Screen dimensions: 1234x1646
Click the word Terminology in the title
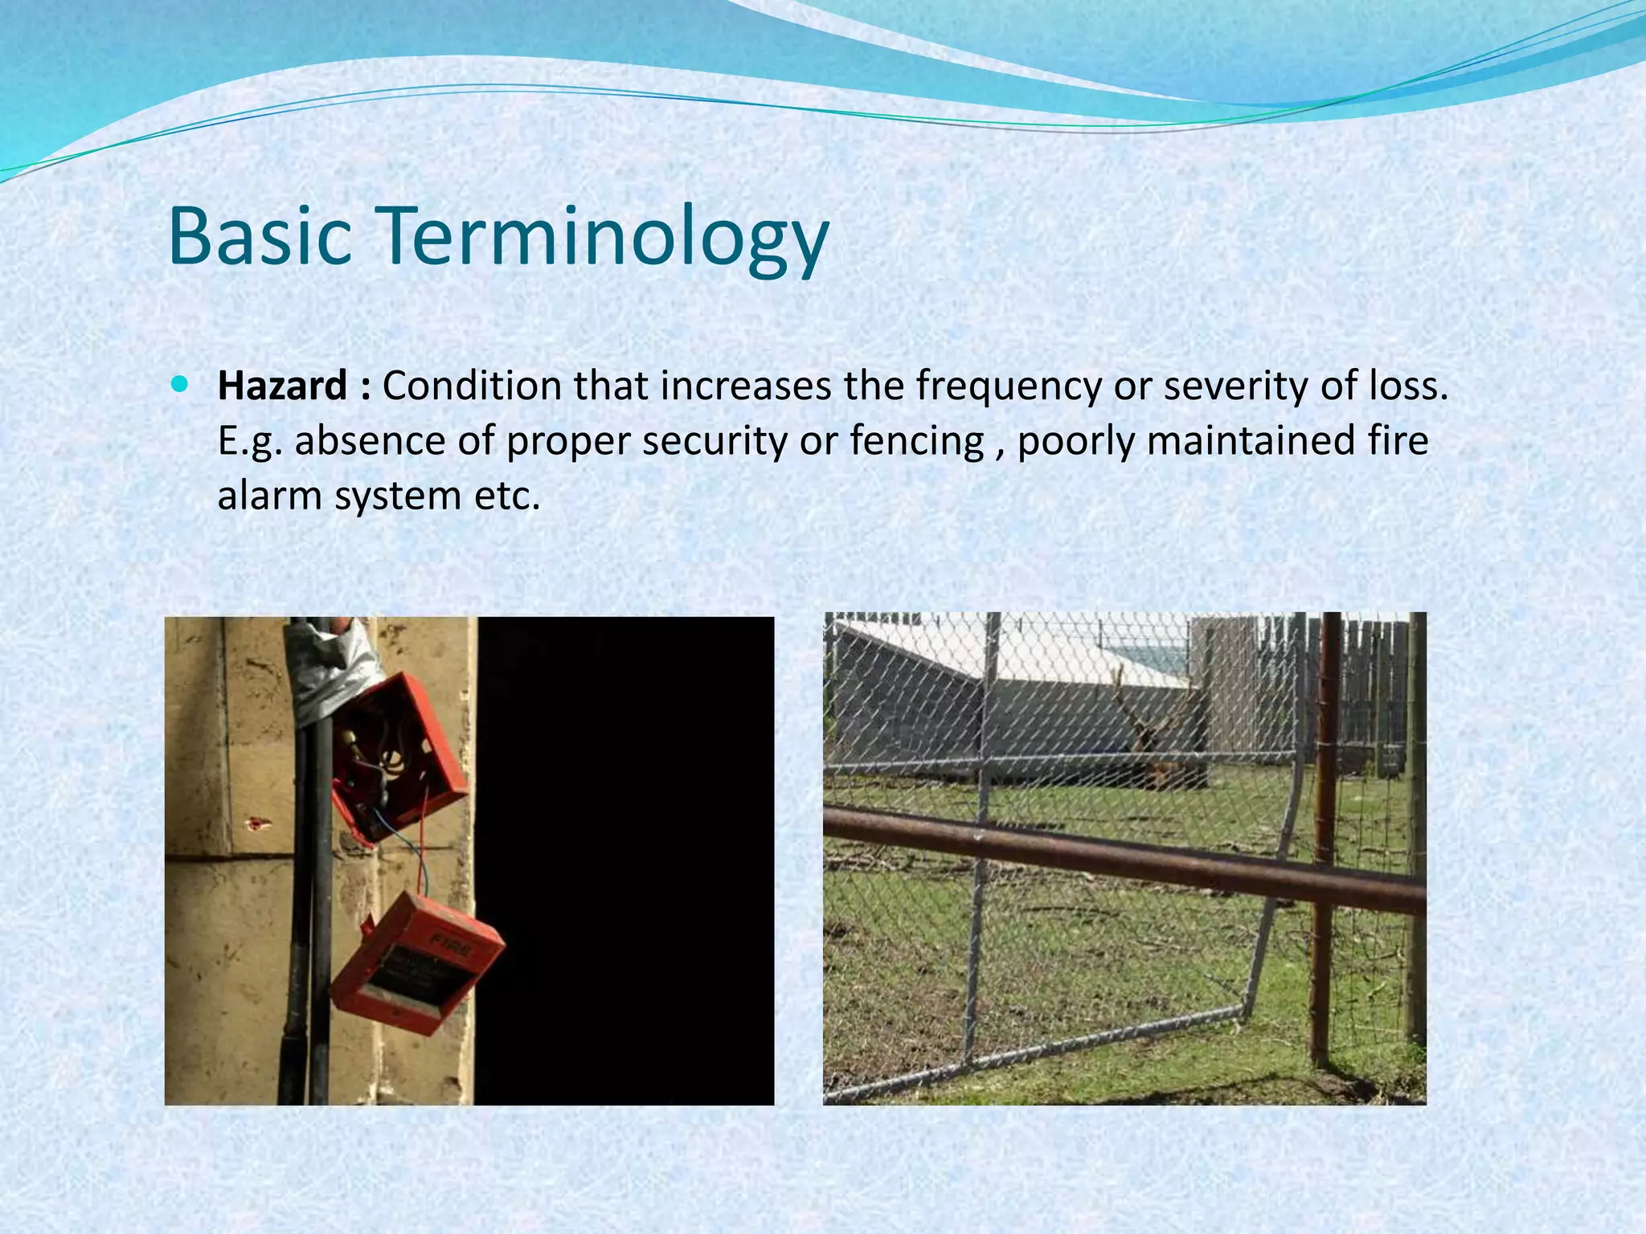coord(603,237)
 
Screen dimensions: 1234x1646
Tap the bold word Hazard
coord(283,386)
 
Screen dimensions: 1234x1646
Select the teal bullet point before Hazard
coord(178,385)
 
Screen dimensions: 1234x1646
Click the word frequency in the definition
coord(1009,387)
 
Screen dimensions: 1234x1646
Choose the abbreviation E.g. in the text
coord(250,441)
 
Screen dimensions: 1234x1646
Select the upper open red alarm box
coord(397,755)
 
